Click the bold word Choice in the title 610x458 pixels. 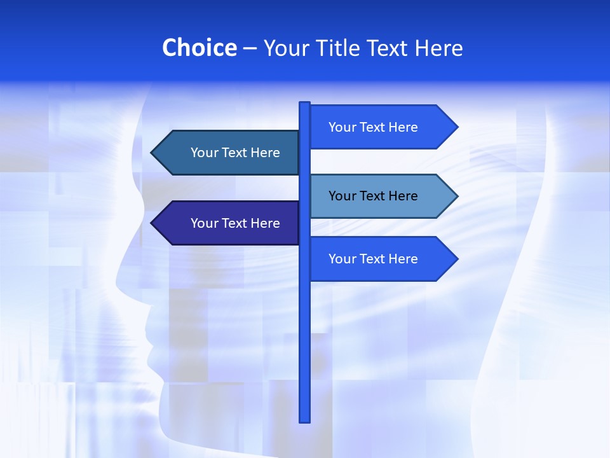(x=199, y=48)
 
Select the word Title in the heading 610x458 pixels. (x=337, y=48)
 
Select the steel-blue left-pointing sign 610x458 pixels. (x=229, y=153)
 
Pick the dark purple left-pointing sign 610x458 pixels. (x=229, y=223)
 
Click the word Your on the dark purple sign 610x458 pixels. (x=204, y=223)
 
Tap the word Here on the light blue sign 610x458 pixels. (x=402, y=196)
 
